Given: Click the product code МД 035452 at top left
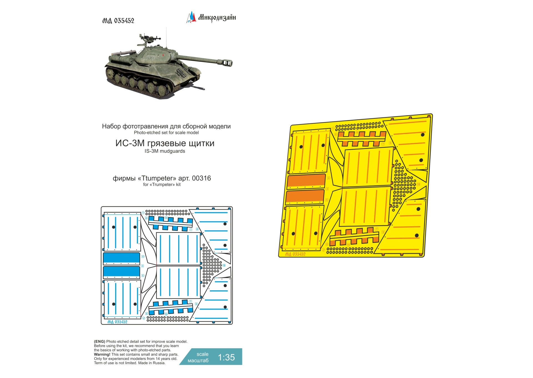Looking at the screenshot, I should point(118,21).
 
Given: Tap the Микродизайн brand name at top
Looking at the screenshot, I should point(217,17).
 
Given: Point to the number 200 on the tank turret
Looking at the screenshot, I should point(150,58).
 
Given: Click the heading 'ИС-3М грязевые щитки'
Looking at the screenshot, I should point(165,143).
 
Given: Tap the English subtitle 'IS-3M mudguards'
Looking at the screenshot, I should point(165,151).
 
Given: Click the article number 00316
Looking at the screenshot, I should point(201,178).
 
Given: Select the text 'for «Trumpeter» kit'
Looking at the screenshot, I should point(162,185).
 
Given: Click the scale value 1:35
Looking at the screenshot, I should point(226,357).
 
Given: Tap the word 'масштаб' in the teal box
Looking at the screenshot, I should point(198,361).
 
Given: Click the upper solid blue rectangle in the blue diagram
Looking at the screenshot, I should point(122,258).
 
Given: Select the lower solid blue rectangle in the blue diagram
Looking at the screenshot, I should point(122,272).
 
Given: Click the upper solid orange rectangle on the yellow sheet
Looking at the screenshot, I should point(306,181).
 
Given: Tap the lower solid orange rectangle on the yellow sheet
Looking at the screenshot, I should point(305,196).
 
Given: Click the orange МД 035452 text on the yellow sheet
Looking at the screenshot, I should point(295,254).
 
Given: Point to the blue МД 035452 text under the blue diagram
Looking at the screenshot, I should point(117,322).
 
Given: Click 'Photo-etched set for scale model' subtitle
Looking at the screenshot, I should point(166,133).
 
